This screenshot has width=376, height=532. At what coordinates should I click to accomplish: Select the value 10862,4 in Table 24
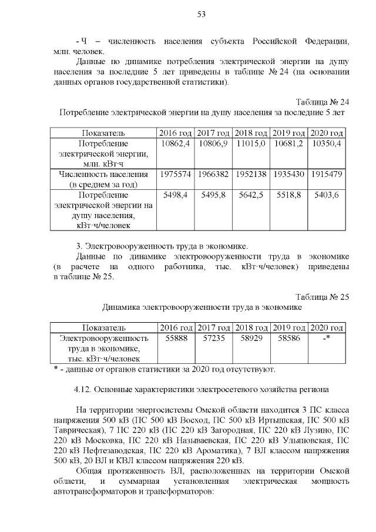pos(175,143)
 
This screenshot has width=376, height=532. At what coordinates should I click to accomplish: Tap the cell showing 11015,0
pos(251,143)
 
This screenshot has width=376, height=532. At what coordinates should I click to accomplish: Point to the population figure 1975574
pos(176,175)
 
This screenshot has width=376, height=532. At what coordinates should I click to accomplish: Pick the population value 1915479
pos(326,175)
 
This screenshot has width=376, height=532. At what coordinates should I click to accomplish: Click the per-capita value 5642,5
pos(251,195)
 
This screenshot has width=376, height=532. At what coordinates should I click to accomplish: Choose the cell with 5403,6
pos(326,195)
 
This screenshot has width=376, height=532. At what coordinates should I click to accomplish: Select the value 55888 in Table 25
pos(176,339)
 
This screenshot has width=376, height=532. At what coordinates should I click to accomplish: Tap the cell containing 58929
pos(251,339)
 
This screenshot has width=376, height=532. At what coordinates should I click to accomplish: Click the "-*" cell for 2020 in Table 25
pos(326,339)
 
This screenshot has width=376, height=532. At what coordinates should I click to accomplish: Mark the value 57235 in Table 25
pos(213,339)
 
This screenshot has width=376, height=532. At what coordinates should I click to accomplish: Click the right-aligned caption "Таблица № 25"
pos(322,297)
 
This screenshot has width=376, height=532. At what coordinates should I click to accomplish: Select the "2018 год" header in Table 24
pos(251,133)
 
